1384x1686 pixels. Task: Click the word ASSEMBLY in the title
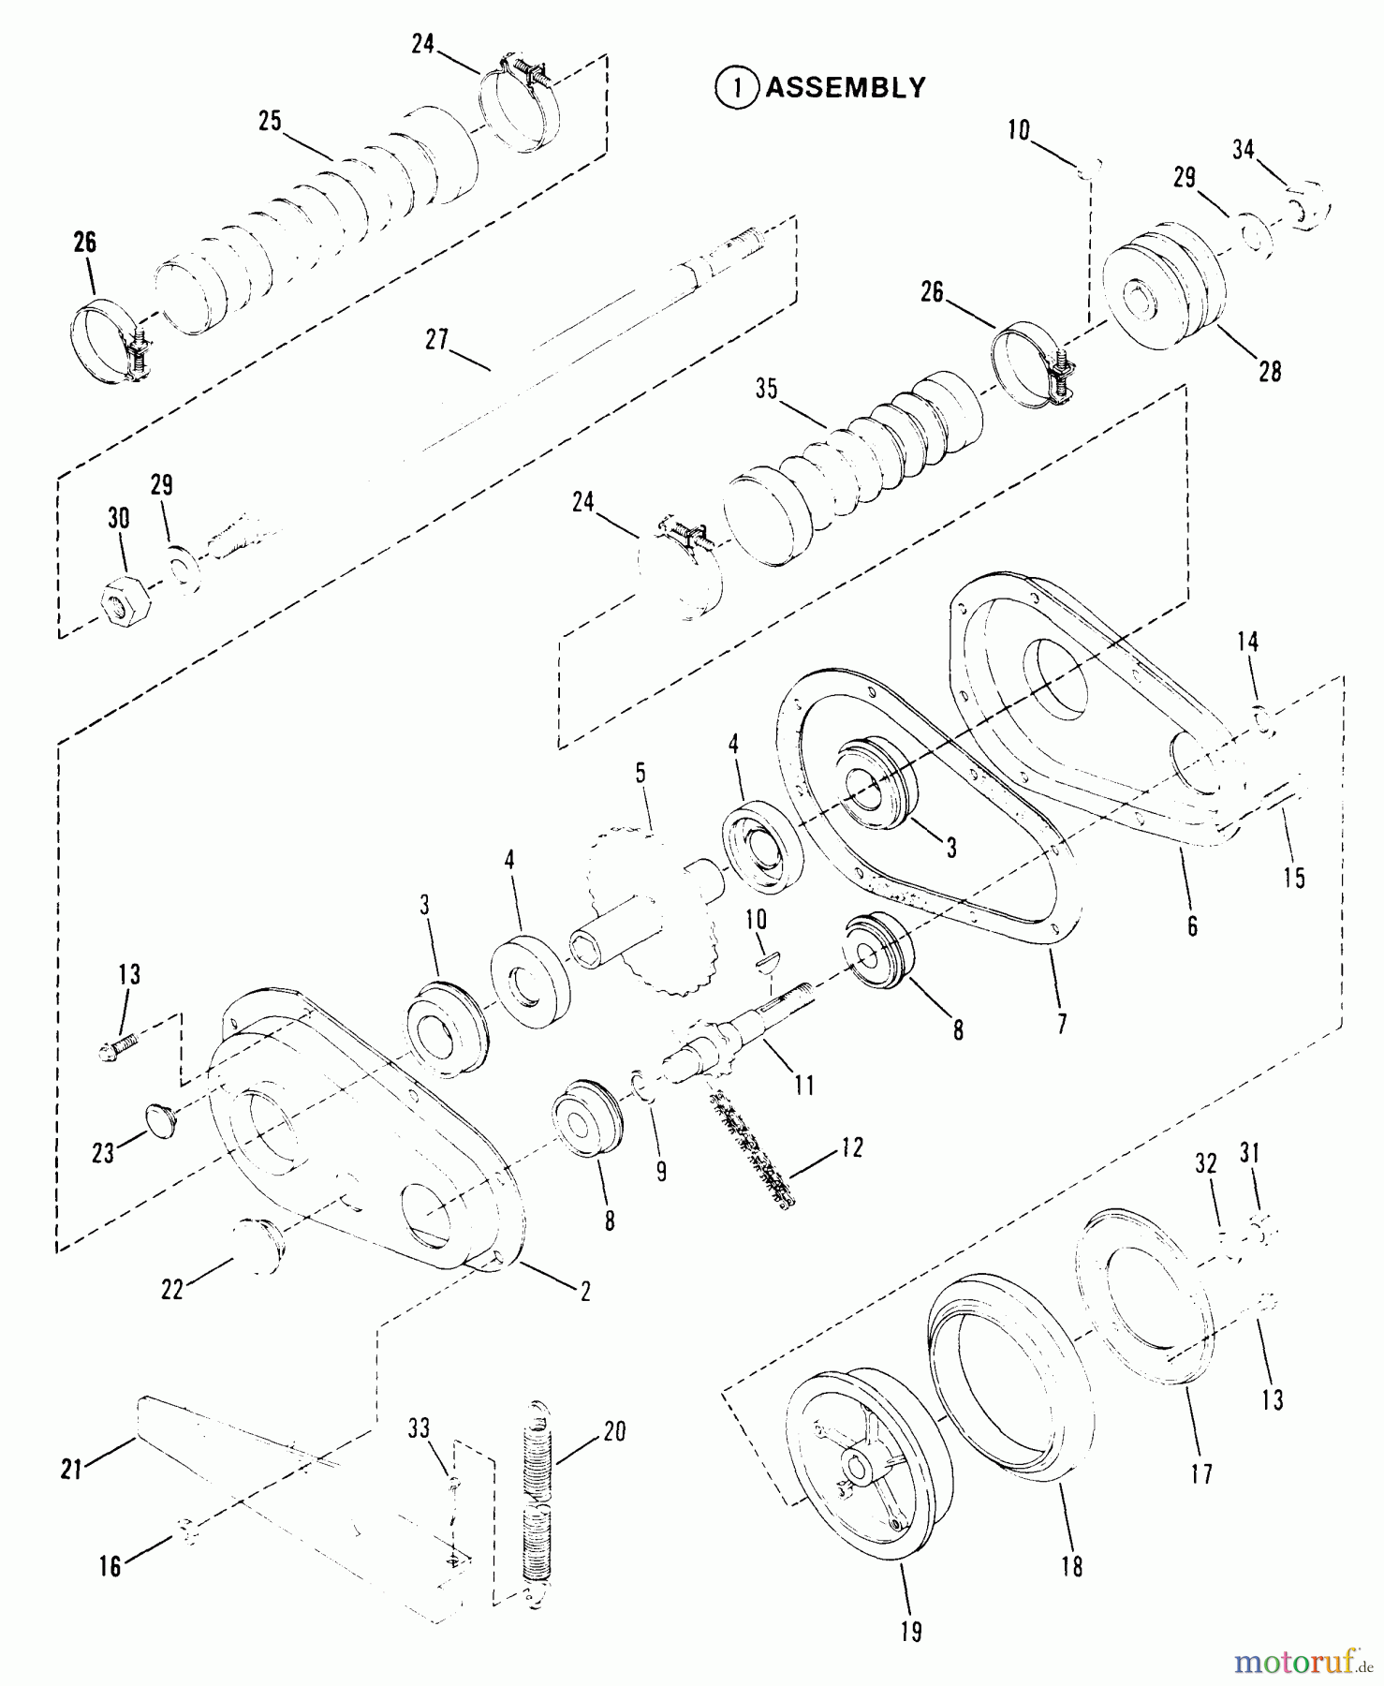point(846,88)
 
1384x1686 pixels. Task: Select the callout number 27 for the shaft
point(437,339)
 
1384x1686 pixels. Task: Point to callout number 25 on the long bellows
point(270,122)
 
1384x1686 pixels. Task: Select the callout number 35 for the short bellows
point(767,389)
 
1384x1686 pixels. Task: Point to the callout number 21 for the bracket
point(71,1470)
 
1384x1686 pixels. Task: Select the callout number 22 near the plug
point(172,1290)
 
